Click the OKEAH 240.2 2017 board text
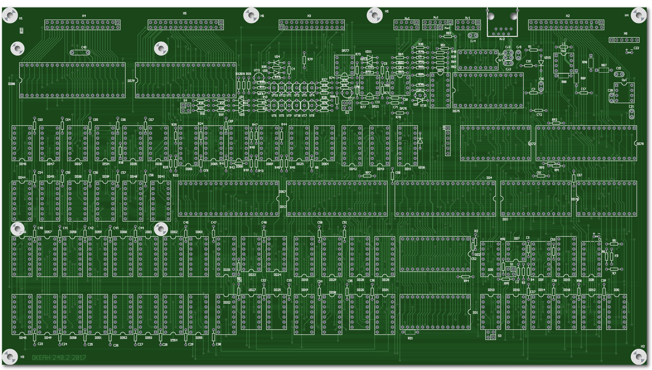[59, 358]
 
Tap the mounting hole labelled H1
[10, 15]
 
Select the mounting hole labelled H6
[251, 15]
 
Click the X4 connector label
[84, 16]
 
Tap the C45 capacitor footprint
[80, 53]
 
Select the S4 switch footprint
[186, 108]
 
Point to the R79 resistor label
[310, 59]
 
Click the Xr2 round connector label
[502, 39]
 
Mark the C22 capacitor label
[636, 48]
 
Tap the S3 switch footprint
[490, 335]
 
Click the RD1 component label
[410, 338]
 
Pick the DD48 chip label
[23, 338]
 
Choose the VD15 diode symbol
[541, 63]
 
